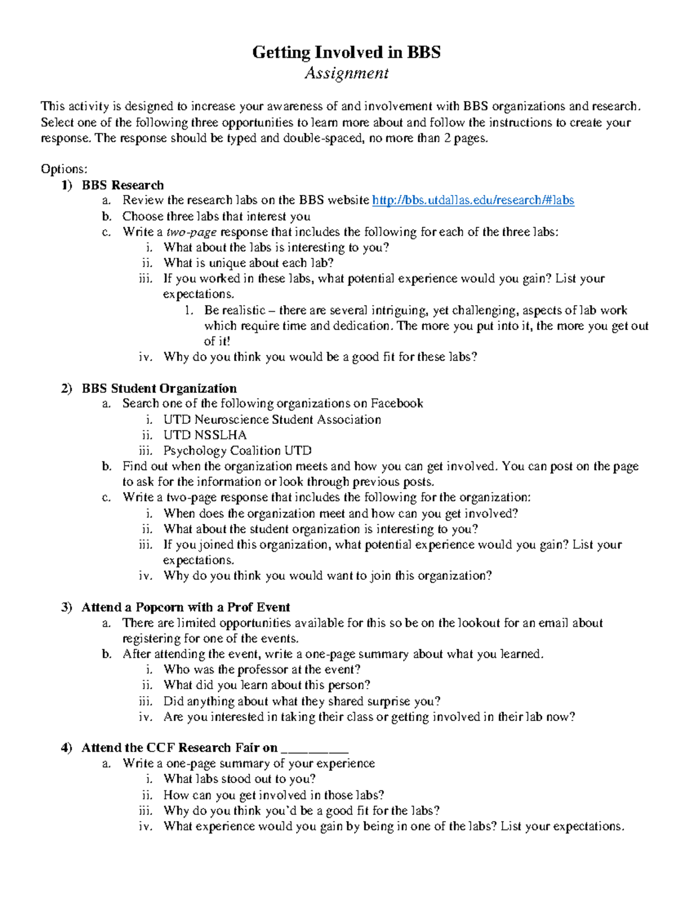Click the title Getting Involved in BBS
[346, 53]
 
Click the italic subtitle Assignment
[346, 73]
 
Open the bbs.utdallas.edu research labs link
[472, 201]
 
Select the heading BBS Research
[123, 185]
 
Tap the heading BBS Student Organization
[159, 388]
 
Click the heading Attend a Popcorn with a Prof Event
[186, 607]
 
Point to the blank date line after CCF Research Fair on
[314, 748]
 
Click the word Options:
[64, 169]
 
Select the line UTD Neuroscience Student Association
[272, 419]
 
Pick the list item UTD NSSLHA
[205, 435]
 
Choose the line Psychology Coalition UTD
[237, 450]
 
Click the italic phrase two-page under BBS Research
[191, 232]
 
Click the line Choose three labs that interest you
[216, 216]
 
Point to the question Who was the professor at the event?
[262, 670]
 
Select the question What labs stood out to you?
[239, 779]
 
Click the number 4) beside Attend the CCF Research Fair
[67, 748]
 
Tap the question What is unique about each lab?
[249, 263]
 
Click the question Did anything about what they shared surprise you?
[302, 701]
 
